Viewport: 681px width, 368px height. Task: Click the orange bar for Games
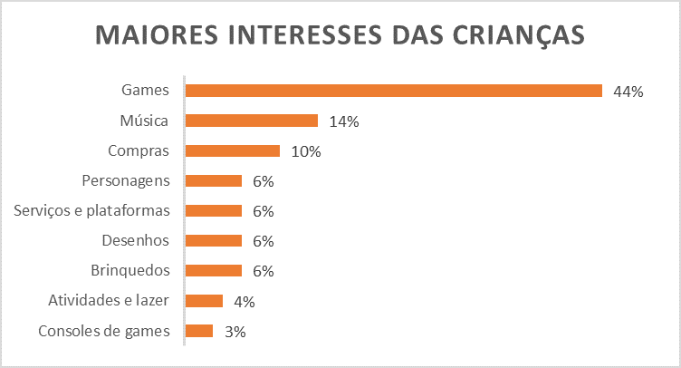click(394, 91)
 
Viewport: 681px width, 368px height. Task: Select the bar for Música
click(252, 121)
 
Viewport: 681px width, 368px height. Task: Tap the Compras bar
click(233, 150)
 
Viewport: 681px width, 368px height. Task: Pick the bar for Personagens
click(214, 180)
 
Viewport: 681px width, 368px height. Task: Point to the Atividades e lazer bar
click(204, 301)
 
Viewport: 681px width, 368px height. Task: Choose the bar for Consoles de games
click(199, 331)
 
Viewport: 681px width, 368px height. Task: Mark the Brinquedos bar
click(214, 271)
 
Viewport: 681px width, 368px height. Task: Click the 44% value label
click(628, 92)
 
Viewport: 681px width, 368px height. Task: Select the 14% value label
click(344, 121)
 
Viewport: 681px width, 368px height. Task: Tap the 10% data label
click(306, 151)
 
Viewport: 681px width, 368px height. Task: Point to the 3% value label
click(235, 332)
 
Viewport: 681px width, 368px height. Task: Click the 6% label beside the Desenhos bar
click(264, 241)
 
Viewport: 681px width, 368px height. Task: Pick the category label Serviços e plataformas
click(92, 210)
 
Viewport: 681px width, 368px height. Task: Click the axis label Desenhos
click(135, 240)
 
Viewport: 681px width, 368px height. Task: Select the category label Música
click(145, 121)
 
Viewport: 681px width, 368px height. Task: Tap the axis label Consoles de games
click(104, 331)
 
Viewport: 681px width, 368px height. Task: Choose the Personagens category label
click(126, 180)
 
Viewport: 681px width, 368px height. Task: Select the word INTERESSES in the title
click(302, 34)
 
